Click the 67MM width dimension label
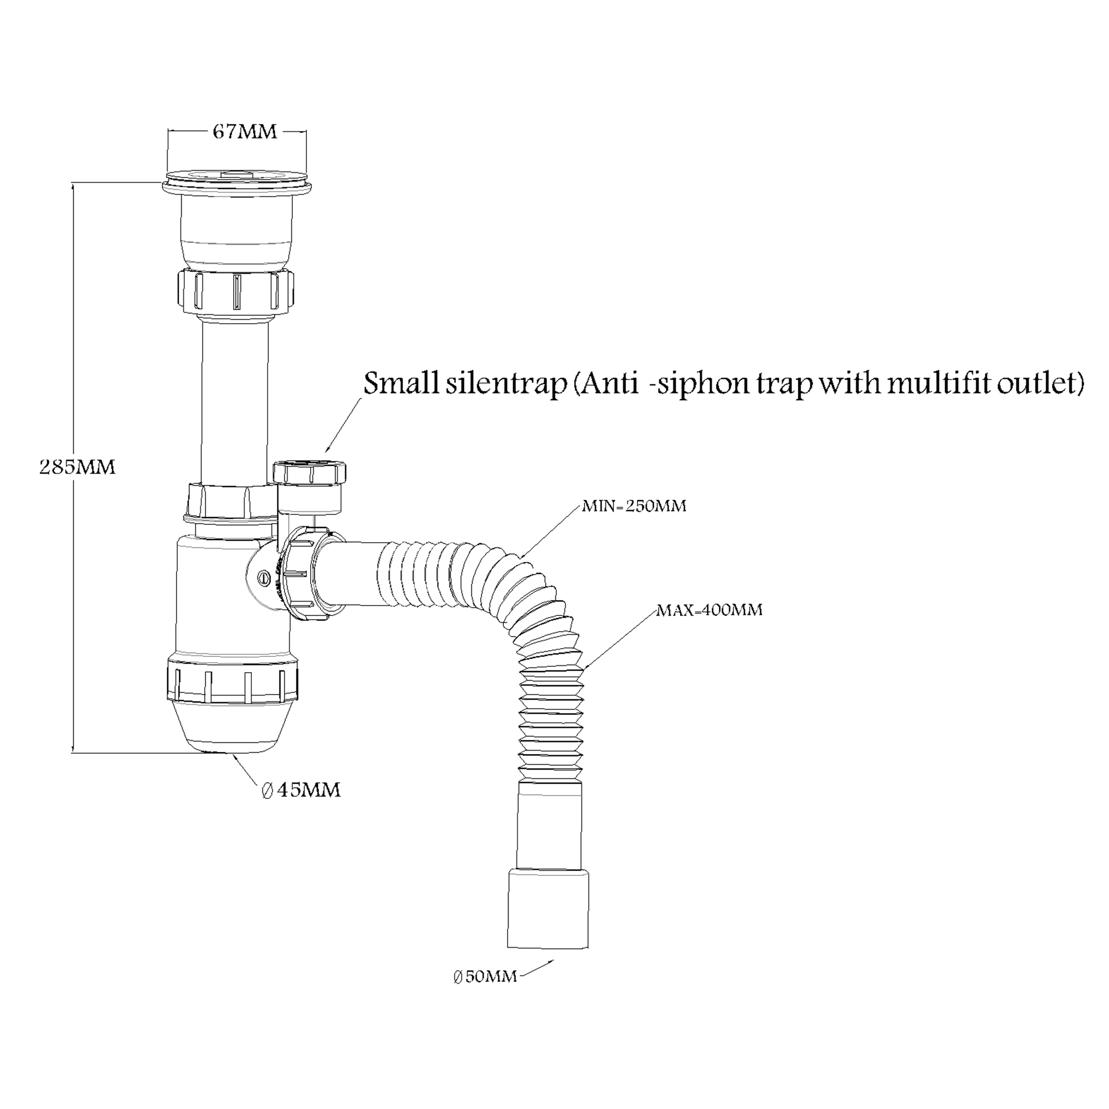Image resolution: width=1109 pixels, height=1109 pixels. pos(245,132)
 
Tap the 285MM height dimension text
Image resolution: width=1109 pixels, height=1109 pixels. pos(78,467)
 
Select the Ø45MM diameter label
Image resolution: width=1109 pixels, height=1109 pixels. pos(301,791)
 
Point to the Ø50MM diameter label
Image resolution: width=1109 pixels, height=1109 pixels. pos(485,976)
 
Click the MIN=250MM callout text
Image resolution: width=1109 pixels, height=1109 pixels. pos(634,506)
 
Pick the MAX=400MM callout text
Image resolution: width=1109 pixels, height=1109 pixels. pos(709,610)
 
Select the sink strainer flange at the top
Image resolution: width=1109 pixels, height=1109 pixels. pos(237,180)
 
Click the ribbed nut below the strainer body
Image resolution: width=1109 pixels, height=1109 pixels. pos(235,292)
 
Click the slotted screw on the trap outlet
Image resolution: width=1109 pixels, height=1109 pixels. pos(265,578)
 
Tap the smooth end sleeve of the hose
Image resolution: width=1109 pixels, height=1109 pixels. pos(548,908)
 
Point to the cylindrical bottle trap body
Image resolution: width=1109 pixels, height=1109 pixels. pos(233,597)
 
